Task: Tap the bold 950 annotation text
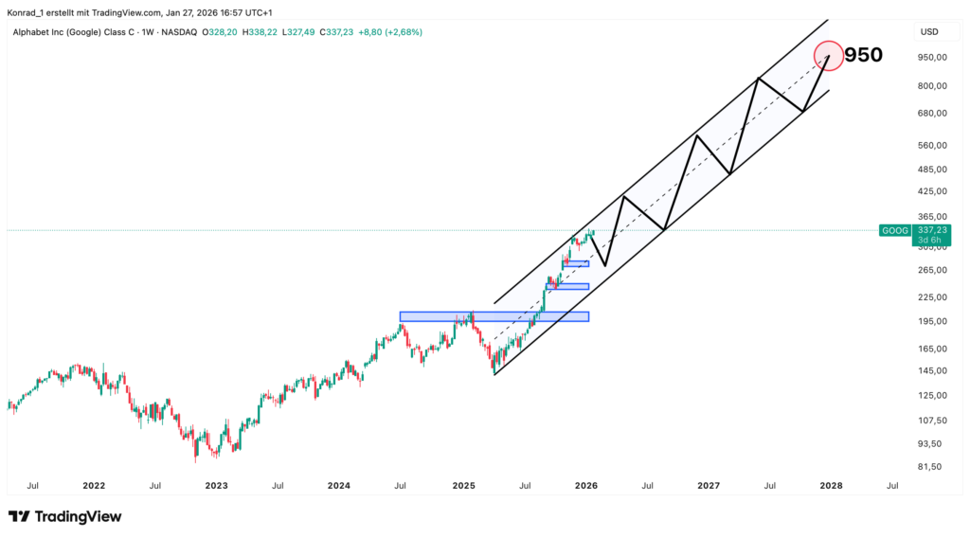point(863,55)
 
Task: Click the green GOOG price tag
point(894,230)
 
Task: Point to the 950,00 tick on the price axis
point(932,57)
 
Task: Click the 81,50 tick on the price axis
point(930,467)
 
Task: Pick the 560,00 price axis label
point(932,146)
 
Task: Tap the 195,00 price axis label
point(932,321)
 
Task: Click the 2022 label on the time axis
point(94,486)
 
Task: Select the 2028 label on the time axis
point(831,486)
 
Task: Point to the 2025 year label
point(463,486)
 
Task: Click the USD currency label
point(928,32)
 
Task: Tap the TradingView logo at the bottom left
point(64,516)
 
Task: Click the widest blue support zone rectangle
point(494,316)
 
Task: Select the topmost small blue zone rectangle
point(576,263)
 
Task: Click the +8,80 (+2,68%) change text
point(391,32)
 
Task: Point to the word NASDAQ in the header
point(178,32)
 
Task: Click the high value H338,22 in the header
point(261,32)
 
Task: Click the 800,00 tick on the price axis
point(932,86)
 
